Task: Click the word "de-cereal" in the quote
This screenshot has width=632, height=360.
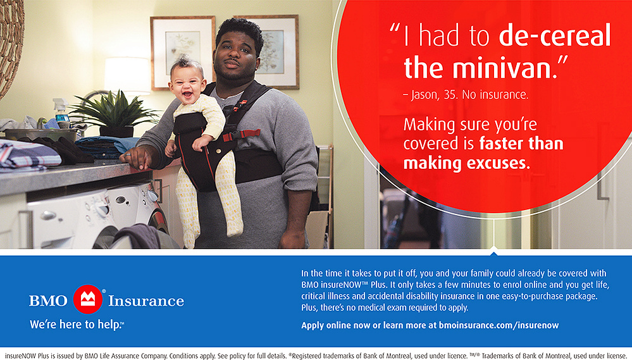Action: pyautogui.click(x=555, y=35)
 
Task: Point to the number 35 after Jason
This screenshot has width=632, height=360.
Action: pyautogui.click(x=450, y=95)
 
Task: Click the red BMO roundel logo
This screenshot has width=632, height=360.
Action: pyautogui.click(x=88, y=299)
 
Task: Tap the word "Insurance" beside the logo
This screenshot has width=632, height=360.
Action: pyautogui.click(x=146, y=301)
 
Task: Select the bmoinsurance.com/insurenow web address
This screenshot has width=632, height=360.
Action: pyautogui.click(x=499, y=325)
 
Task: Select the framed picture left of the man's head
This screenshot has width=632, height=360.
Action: pyautogui.click(x=183, y=53)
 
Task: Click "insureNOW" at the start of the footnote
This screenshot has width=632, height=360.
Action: pyautogui.click(x=20, y=356)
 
